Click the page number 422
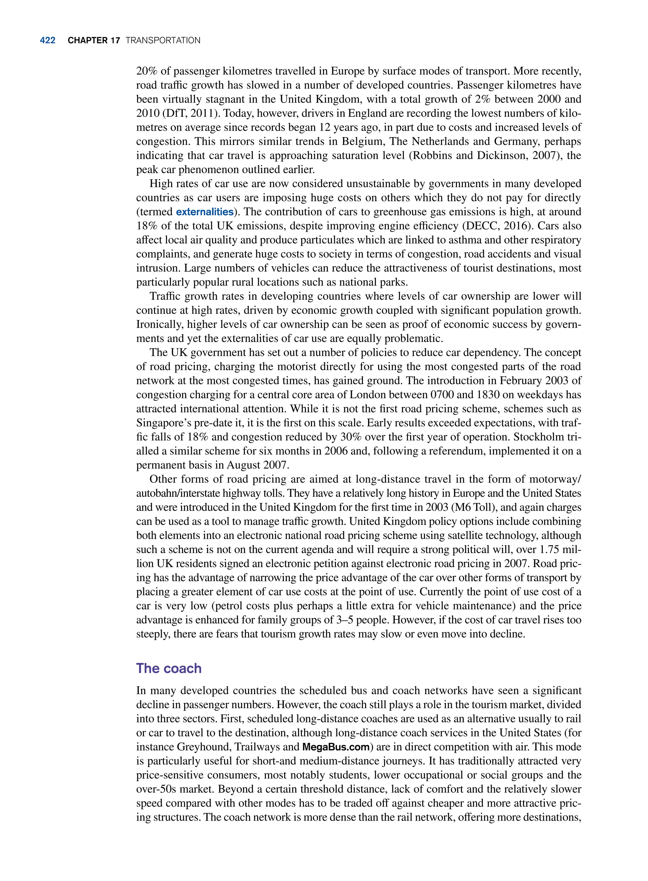47,41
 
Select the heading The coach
169,668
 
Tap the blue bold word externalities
204,212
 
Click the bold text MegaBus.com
336,747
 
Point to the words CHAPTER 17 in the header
94,41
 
